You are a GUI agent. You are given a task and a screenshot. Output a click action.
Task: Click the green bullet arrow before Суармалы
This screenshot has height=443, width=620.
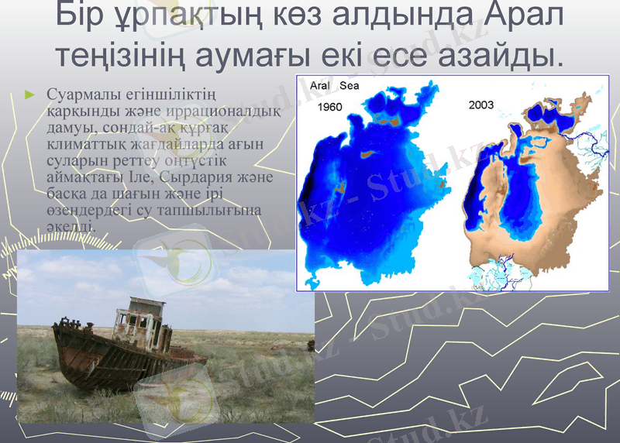point(30,94)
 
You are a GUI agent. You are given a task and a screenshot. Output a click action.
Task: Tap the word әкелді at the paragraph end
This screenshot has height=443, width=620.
point(71,227)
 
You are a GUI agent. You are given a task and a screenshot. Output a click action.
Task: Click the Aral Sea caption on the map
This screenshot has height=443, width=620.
point(334,86)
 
